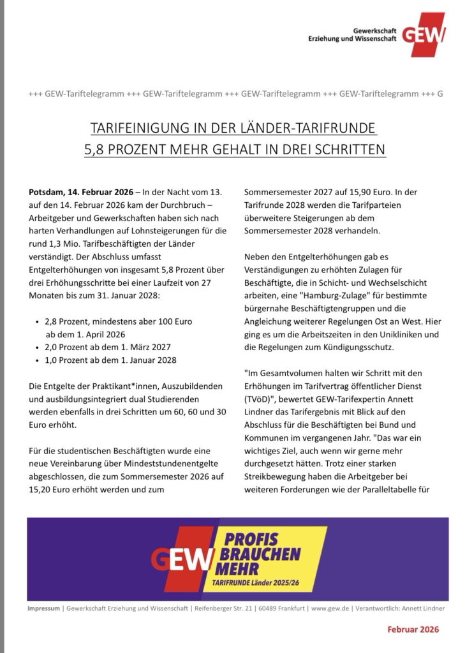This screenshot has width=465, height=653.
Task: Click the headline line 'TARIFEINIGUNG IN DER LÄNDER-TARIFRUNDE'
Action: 233,129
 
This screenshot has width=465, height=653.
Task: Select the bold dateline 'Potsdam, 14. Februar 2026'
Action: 81,192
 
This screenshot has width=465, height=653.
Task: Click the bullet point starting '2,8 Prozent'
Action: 119,321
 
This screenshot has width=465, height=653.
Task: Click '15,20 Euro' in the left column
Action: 50,490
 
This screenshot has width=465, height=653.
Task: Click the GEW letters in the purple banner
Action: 181,559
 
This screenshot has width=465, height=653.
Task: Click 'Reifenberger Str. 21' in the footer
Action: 222,609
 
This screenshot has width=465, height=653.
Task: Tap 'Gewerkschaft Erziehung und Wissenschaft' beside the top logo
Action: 358,34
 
